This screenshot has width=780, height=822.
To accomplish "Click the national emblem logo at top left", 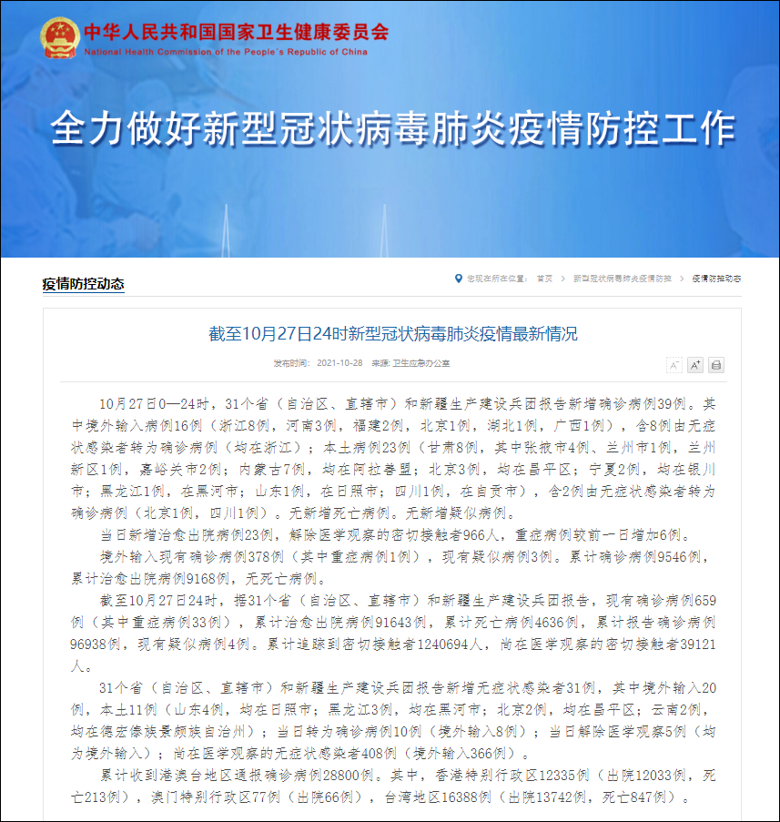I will [60, 37].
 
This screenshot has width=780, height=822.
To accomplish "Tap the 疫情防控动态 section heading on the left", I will [83, 284].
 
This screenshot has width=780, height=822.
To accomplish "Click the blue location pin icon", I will [458, 279].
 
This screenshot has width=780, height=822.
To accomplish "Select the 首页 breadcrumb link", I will [544, 279].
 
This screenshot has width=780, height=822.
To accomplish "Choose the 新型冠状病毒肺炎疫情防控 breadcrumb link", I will [622, 279].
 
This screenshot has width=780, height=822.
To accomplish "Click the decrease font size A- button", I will [674, 365].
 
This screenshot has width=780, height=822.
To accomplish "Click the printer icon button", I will [716, 365].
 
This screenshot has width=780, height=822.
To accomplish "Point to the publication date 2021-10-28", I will [340, 363].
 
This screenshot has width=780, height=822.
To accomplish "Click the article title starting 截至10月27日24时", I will [392, 334].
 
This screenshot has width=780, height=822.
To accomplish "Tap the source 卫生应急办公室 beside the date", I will [421, 363].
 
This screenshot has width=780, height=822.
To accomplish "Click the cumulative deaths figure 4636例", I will [552, 622].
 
